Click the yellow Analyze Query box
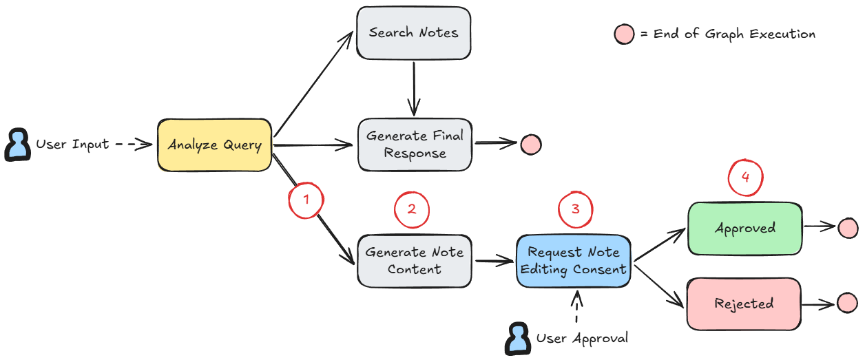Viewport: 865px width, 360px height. coord(214,145)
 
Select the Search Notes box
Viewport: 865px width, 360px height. coord(413,32)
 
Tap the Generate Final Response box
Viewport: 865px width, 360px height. coord(415,145)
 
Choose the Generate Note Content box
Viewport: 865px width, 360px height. coord(414,260)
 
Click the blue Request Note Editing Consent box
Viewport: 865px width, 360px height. coord(574,260)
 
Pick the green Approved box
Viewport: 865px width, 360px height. coord(744,228)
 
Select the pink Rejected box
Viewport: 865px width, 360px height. coord(744,304)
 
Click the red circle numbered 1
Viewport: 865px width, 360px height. coord(306,200)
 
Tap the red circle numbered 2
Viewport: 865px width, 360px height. coord(411,209)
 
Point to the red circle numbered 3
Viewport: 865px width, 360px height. coord(575,209)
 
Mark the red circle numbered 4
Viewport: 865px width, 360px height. coord(744,177)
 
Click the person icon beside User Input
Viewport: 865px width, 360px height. coord(17,145)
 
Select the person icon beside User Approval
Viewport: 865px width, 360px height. coord(518,339)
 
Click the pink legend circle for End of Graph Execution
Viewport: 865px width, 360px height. coord(624,34)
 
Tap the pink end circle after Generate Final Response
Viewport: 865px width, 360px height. coord(530,145)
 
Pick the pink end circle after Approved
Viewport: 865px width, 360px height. coord(848,229)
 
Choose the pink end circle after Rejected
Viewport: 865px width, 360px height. coord(847,303)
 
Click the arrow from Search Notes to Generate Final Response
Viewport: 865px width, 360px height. coord(413,88)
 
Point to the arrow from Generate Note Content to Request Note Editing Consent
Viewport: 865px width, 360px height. coord(493,261)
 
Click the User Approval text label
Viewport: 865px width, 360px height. coord(582,339)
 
